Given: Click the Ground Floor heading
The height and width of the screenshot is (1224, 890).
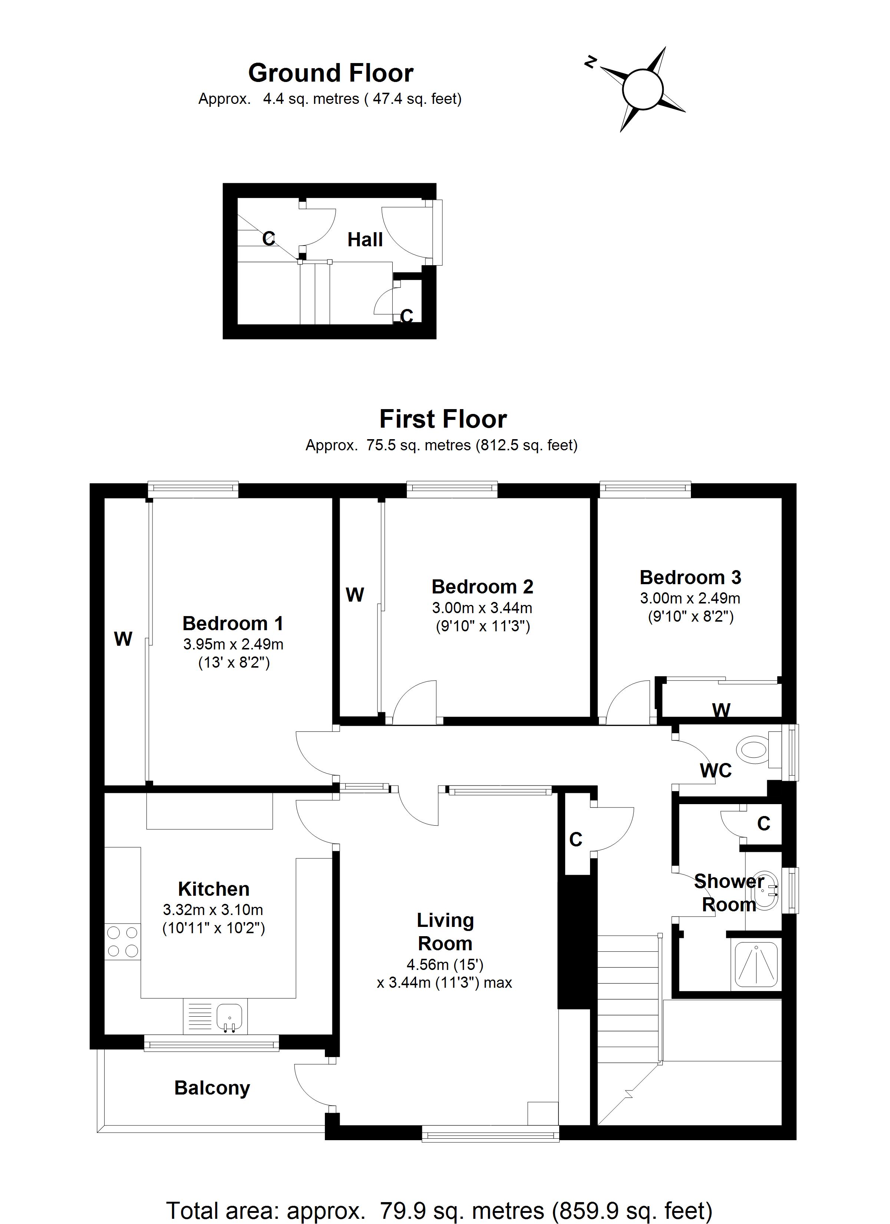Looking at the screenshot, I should tap(330, 73).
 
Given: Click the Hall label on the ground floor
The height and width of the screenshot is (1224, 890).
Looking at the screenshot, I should tap(365, 240).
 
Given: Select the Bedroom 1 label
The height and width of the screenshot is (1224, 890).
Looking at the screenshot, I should tap(233, 624).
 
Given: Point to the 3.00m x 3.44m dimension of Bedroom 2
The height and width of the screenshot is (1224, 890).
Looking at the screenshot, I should tap(482, 608).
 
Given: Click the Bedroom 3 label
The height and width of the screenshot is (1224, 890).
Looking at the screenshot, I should tap(690, 578).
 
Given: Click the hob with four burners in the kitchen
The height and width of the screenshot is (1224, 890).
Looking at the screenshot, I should tap(122, 941).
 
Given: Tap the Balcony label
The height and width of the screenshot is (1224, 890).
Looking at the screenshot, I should tap(212, 1088).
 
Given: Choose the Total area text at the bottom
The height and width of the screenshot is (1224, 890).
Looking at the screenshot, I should tap(439, 1211).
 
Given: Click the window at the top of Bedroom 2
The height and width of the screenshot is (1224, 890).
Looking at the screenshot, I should tap(451, 489).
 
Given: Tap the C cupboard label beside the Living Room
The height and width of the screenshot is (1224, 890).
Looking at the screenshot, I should tap(576, 840).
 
